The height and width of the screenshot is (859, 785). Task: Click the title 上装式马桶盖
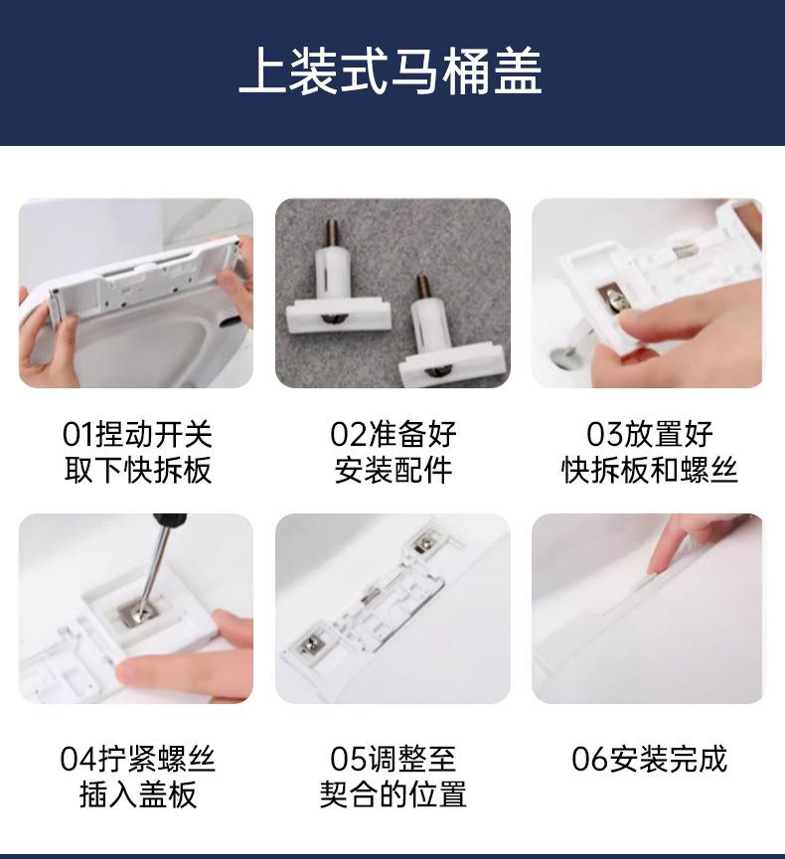pyautogui.click(x=392, y=72)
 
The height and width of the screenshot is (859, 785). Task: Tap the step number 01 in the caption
pyautogui.click(x=78, y=434)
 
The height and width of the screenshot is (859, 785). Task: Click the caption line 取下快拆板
pyautogui.click(x=137, y=470)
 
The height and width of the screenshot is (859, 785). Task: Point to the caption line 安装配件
pyautogui.click(x=393, y=470)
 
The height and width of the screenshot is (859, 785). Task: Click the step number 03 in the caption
pyautogui.click(x=604, y=434)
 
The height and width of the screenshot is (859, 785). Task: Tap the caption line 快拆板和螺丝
pyautogui.click(x=649, y=470)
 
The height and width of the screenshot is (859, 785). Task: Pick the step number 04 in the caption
pyautogui.click(x=78, y=759)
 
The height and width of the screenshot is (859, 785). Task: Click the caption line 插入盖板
pyautogui.click(x=137, y=794)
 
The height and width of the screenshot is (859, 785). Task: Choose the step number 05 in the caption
pyautogui.click(x=348, y=759)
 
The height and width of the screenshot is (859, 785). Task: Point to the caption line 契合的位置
pyautogui.click(x=393, y=794)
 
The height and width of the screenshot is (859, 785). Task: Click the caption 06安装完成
pyautogui.click(x=649, y=759)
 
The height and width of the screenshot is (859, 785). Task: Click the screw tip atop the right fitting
pyautogui.click(x=421, y=279)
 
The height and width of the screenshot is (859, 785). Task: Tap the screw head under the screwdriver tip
pyautogui.click(x=137, y=609)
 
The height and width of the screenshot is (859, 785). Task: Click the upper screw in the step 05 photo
pyautogui.click(x=423, y=544)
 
